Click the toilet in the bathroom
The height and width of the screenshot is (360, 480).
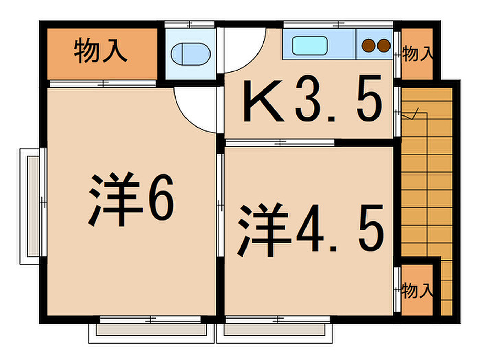point(191,54)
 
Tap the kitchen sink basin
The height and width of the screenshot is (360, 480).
point(310,46)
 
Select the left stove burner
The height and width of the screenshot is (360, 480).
point(369,46)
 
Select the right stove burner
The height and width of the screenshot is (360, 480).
point(384,46)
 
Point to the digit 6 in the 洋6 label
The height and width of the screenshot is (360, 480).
point(161,197)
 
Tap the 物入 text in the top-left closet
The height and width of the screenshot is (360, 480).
point(100,50)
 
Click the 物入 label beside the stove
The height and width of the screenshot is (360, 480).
point(418,53)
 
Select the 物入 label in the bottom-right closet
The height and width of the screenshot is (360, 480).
point(418,290)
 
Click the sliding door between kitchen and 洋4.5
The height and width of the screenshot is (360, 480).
point(280,143)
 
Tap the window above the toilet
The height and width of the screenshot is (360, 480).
point(189,24)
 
